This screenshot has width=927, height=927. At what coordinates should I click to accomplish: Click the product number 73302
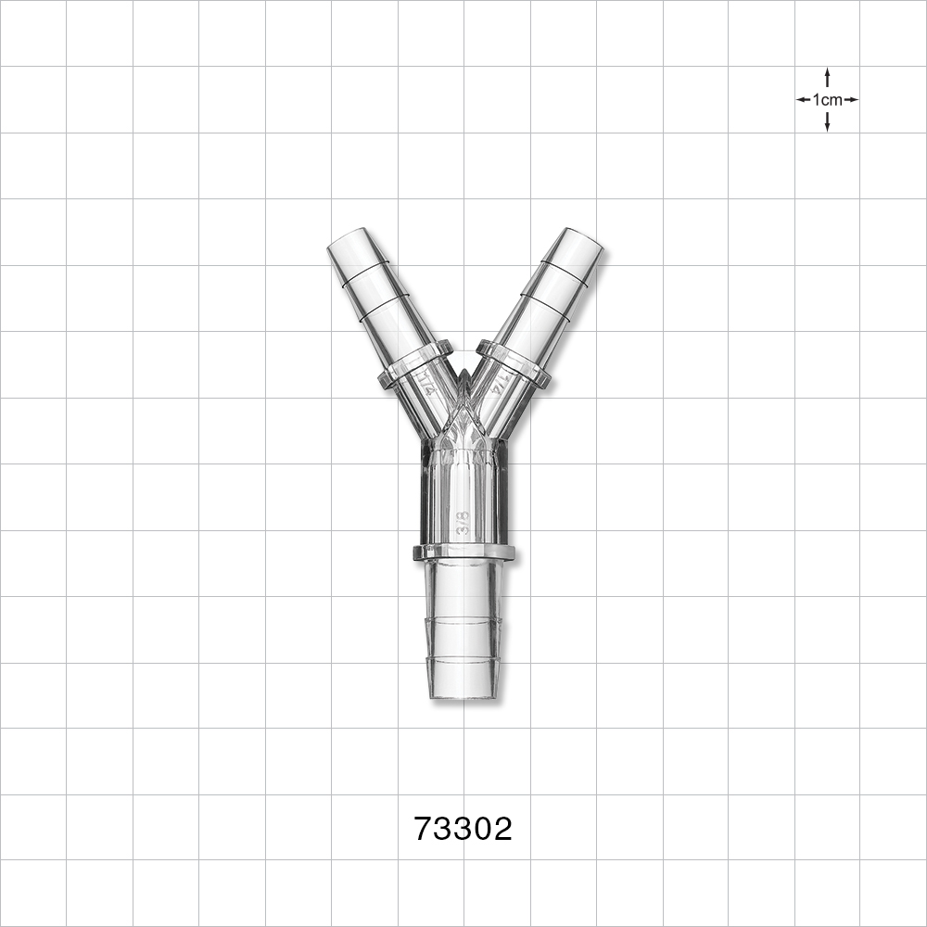click(x=463, y=829)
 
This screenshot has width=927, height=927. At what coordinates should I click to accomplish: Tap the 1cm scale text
click(x=827, y=99)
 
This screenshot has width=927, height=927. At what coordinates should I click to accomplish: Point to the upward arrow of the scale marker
click(x=827, y=76)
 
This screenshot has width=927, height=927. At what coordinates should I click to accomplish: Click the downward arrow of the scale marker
click(x=827, y=123)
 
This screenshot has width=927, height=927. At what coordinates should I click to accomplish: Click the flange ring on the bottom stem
click(x=463, y=553)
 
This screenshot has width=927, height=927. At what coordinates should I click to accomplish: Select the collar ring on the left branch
click(x=414, y=364)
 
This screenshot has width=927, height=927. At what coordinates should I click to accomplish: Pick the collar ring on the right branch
click(x=514, y=364)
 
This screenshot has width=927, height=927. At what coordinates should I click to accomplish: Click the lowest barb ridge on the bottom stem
click(x=463, y=660)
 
